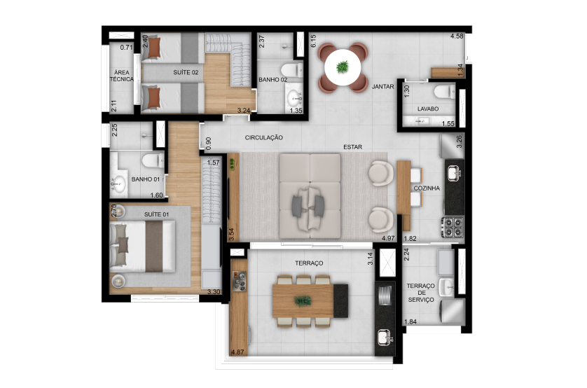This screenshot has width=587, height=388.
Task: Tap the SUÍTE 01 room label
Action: tap(158, 214)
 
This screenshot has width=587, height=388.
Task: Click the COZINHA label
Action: tap(427, 188)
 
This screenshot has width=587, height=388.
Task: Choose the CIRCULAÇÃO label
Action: tap(263, 138)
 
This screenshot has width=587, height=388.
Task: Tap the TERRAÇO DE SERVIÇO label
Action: tap(420, 293)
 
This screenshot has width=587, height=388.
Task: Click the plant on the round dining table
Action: tap(343, 67)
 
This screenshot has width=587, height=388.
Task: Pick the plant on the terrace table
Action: tap(303, 300)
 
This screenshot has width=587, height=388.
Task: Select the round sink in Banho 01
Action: tap(116, 184)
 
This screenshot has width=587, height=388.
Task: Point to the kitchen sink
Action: tap(453, 171)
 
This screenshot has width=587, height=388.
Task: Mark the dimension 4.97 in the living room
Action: tap(389, 238)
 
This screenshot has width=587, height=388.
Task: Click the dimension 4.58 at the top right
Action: tap(457, 36)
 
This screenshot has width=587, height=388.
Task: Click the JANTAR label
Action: tap(384, 87)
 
